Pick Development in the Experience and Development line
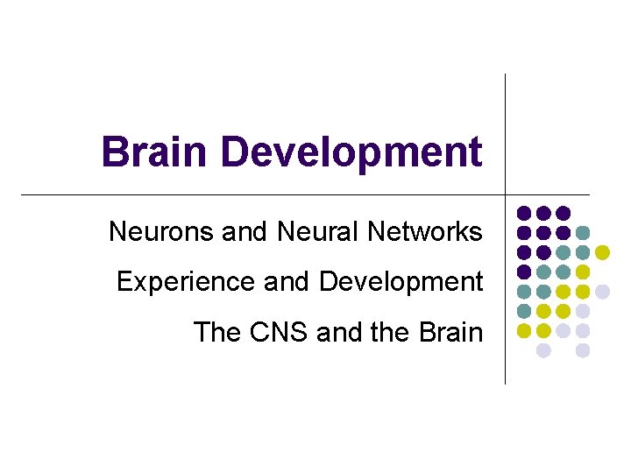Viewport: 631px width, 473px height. pyautogui.click(x=401, y=282)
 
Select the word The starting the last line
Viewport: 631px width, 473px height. pyautogui.click(x=216, y=332)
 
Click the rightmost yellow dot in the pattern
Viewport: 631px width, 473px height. pyautogui.click(x=603, y=252)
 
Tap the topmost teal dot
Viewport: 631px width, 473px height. pyautogui.click(x=583, y=232)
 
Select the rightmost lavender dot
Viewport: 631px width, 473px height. pyautogui.click(x=603, y=292)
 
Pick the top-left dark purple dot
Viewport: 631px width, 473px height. pyautogui.click(x=523, y=213)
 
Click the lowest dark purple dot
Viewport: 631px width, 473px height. pyautogui.click(x=523, y=272)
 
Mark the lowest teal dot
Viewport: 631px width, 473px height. pyautogui.click(x=523, y=311)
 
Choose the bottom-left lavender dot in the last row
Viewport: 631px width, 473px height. pyautogui.click(x=543, y=350)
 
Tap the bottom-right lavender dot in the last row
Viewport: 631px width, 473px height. pyautogui.click(x=583, y=350)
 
